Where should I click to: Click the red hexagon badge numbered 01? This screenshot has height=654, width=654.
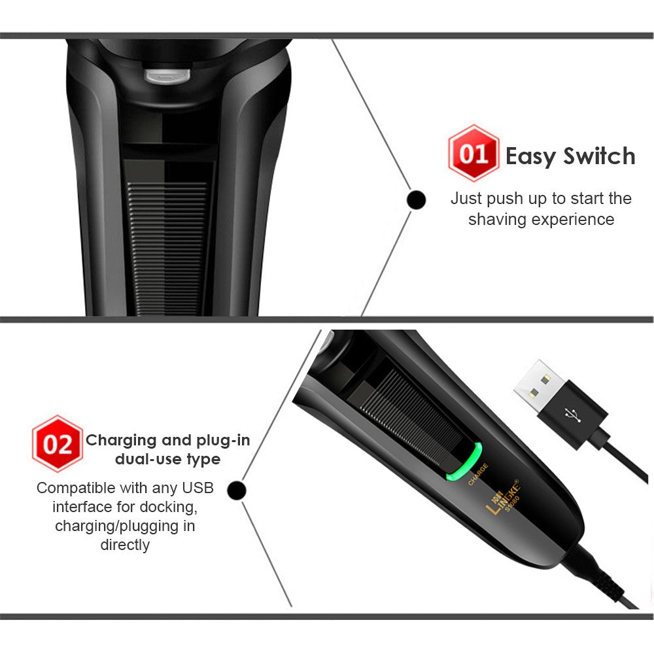(473, 154)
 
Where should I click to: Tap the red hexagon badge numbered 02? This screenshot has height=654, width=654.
(57, 444)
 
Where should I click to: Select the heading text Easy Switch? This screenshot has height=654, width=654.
(570, 156)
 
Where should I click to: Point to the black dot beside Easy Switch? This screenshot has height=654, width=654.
(416, 200)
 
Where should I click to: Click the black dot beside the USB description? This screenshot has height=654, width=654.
(238, 490)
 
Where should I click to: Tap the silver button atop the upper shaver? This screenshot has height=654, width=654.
(167, 76)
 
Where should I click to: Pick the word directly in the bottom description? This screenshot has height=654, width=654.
(125, 544)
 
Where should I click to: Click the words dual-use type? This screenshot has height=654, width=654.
(167, 459)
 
